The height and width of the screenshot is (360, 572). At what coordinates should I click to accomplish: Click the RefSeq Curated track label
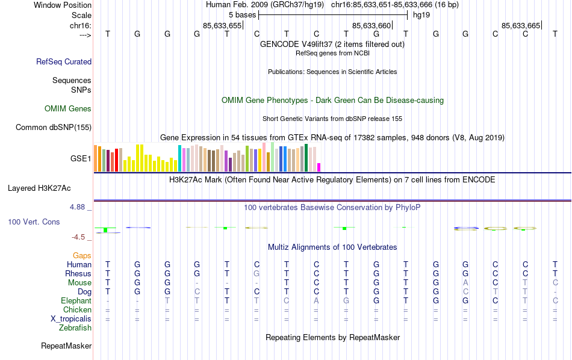click(x=64, y=61)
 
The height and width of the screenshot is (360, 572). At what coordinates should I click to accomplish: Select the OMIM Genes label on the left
click(x=68, y=109)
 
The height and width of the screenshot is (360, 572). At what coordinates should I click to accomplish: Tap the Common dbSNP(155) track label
click(x=54, y=127)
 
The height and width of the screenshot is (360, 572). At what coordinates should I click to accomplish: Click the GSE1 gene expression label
click(x=81, y=159)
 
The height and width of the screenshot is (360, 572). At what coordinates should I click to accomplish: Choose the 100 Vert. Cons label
click(x=34, y=222)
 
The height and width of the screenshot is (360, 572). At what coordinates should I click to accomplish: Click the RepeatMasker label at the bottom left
click(x=66, y=346)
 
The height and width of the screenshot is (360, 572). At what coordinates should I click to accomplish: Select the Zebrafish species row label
click(x=75, y=328)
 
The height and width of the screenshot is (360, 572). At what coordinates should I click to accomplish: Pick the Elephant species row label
click(x=76, y=301)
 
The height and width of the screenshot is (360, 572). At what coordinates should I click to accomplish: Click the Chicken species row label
click(x=76, y=310)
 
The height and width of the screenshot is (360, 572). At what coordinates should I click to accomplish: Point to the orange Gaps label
click(x=82, y=256)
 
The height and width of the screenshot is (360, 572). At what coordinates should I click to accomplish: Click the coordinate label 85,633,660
click(x=371, y=26)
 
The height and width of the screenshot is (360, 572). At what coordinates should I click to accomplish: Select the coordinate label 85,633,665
click(x=521, y=26)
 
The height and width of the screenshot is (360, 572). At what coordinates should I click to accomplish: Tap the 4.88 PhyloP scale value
click(x=78, y=207)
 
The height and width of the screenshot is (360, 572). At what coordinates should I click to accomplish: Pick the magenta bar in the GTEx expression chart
click(x=319, y=167)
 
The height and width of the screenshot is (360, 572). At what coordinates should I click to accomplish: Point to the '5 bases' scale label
click(x=242, y=14)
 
